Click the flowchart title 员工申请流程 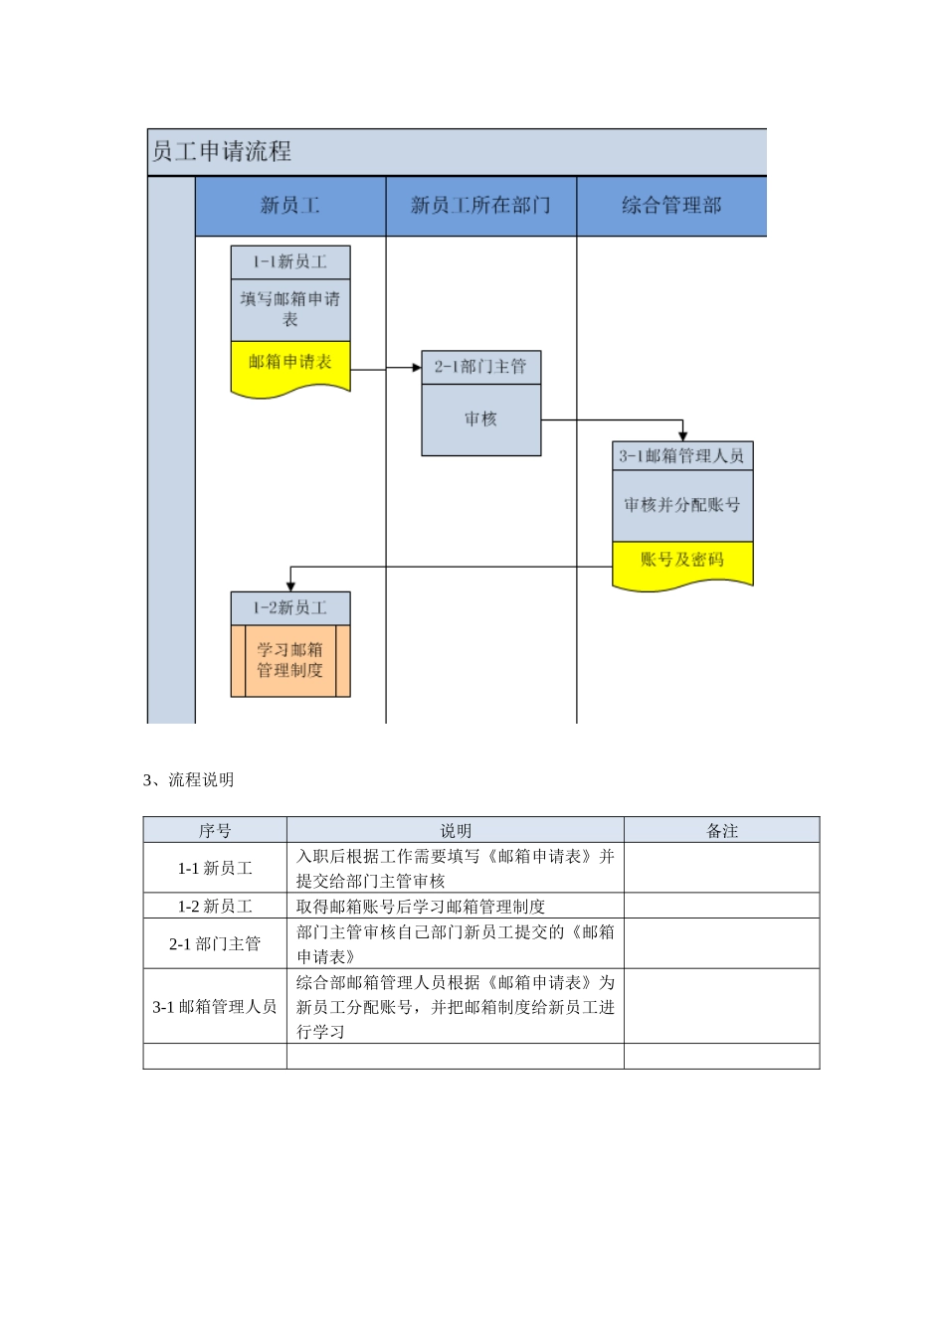coord(221,151)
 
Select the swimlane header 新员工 coord(289,206)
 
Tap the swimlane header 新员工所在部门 coord(480,206)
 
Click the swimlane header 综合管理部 coord(671,206)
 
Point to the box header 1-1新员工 coord(290,261)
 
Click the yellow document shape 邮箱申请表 coord(290,364)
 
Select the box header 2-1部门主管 coord(480,367)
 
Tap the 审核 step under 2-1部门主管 coord(480,419)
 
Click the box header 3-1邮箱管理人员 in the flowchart coord(682,456)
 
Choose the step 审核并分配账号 coord(682,505)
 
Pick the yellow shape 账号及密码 coord(682,562)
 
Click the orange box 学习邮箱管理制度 coord(290,660)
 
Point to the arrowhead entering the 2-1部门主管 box coord(417,368)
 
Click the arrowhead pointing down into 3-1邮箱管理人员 coord(682,436)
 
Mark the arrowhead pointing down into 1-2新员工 coord(290,586)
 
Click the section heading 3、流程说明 coord(189,780)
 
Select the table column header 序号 coord(215,831)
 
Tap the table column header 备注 coord(722,831)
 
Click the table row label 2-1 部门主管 coord(215,943)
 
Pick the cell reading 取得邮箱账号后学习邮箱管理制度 coord(421,907)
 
